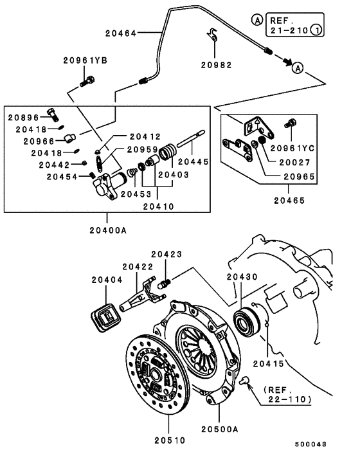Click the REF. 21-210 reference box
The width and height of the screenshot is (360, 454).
click(288, 25)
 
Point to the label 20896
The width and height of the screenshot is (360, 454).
click(23, 117)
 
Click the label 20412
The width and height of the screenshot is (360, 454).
click(144, 136)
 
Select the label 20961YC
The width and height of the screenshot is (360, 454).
click(311, 147)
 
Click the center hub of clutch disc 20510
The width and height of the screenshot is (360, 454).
click(156, 376)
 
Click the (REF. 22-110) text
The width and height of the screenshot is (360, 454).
click(287, 395)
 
